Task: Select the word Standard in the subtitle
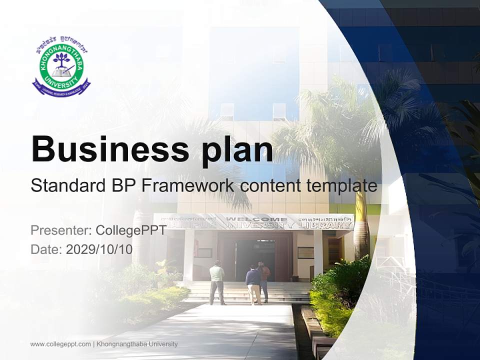(66, 186)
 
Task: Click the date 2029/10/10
(99, 249)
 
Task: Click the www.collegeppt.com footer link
(60, 344)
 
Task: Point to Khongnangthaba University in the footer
(137, 344)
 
